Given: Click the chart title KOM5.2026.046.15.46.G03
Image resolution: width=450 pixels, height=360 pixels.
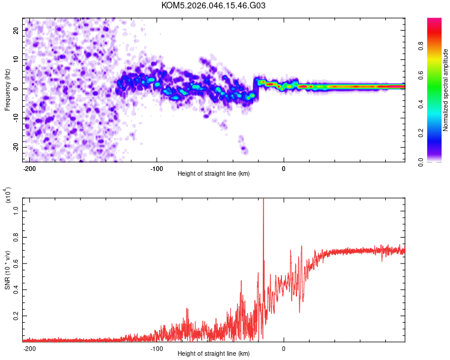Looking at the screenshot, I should tap(214, 6).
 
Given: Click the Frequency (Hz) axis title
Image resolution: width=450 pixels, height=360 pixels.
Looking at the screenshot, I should tap(7, 89).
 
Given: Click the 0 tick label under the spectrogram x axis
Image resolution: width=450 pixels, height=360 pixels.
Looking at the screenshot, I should tap(284, 167).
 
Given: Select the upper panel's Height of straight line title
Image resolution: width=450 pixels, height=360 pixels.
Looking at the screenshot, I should tap(214, 174).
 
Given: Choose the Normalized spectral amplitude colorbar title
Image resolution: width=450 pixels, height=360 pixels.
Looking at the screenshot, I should tap(445, 90).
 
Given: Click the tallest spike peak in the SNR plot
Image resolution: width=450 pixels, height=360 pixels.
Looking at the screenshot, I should tap(263, 200).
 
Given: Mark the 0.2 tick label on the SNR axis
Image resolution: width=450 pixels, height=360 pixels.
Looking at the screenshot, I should tap(16, 314).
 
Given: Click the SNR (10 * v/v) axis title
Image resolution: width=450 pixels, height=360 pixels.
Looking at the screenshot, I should tap(7, 269).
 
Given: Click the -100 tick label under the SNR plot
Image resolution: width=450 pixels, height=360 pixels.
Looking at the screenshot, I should tap(157, 347).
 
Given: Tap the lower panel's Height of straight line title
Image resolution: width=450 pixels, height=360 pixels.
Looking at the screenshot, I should tap(214, 354).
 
